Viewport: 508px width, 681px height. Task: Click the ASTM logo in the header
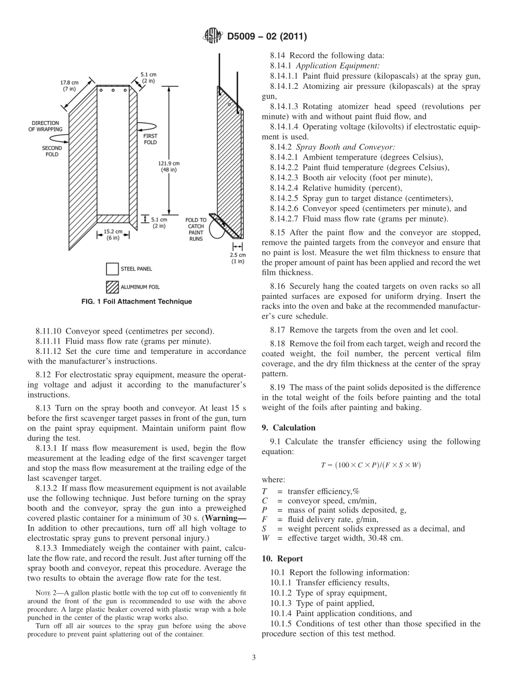pos(213,37)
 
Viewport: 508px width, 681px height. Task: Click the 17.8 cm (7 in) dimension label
pos(68,86)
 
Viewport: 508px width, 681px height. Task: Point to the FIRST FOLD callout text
pos(151,139)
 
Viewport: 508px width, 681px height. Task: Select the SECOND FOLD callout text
pos(52,151)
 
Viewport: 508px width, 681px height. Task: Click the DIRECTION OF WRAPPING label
pos(46,126)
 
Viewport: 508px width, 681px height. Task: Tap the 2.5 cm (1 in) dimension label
pos(237,258)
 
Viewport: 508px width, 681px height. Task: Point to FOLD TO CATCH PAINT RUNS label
pos(196,229)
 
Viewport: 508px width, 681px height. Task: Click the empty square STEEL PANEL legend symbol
pos(112,269)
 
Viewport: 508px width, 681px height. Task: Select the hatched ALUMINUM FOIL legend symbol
pos(112,287)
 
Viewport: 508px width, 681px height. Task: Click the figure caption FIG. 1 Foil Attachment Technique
pos(136,302)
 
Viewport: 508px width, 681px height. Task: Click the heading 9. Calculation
pos(288,428)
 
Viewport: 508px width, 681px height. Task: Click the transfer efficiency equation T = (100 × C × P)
pos(371,465)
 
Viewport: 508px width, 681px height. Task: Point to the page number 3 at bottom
pos(253,657)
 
